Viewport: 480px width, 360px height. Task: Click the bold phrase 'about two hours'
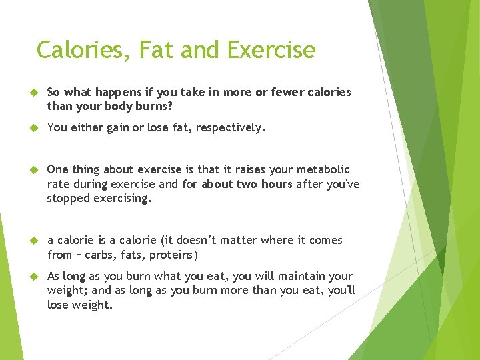point(247,185)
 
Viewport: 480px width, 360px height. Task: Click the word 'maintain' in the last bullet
point(293,277)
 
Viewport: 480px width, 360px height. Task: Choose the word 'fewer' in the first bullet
point(283,92)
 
